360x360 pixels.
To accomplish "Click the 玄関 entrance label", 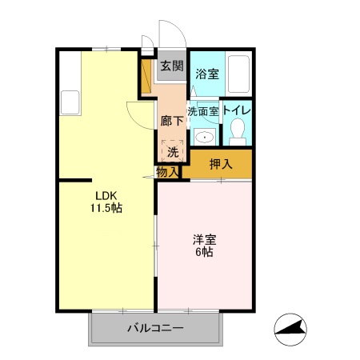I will click(x=171, y=66).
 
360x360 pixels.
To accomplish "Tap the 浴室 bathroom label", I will click(x=207, y=73).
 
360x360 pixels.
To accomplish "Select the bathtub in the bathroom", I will click(x=238, y=73).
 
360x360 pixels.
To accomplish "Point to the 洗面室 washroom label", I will click(x=203, y=111).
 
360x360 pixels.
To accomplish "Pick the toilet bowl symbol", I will click(x=237, y=134).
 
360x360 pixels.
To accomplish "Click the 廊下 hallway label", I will click(x=171, y=121).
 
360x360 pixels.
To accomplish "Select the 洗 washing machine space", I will click(x=172, y=150).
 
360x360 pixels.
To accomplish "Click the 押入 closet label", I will click(x=220, y=165).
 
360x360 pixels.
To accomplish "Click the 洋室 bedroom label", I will click(x=203, y=238).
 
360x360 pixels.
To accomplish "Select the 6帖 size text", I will click(x=203, y=252).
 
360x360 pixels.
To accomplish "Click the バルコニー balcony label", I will click(x=156, y=329).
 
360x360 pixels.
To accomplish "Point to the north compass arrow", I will click(x=293, y=328).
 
